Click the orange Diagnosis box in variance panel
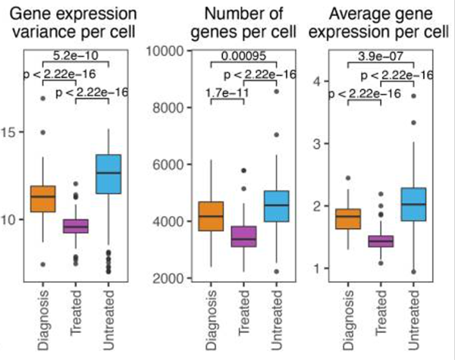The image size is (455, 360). [x=42, y=199]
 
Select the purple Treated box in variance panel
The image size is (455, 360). [x=74, y=226]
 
